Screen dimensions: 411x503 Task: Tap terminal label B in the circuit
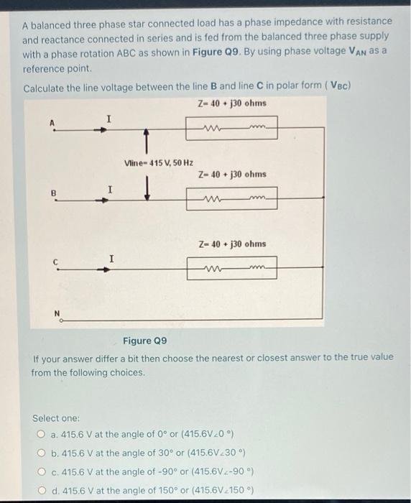coord(52,193)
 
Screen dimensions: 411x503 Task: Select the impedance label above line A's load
coord(231,103)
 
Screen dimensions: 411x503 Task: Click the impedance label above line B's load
coord(231,174)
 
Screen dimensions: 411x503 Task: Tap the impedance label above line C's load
coord(231,244)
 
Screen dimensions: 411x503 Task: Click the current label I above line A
coord(108,117)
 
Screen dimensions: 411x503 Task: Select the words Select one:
coord(57,417)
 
